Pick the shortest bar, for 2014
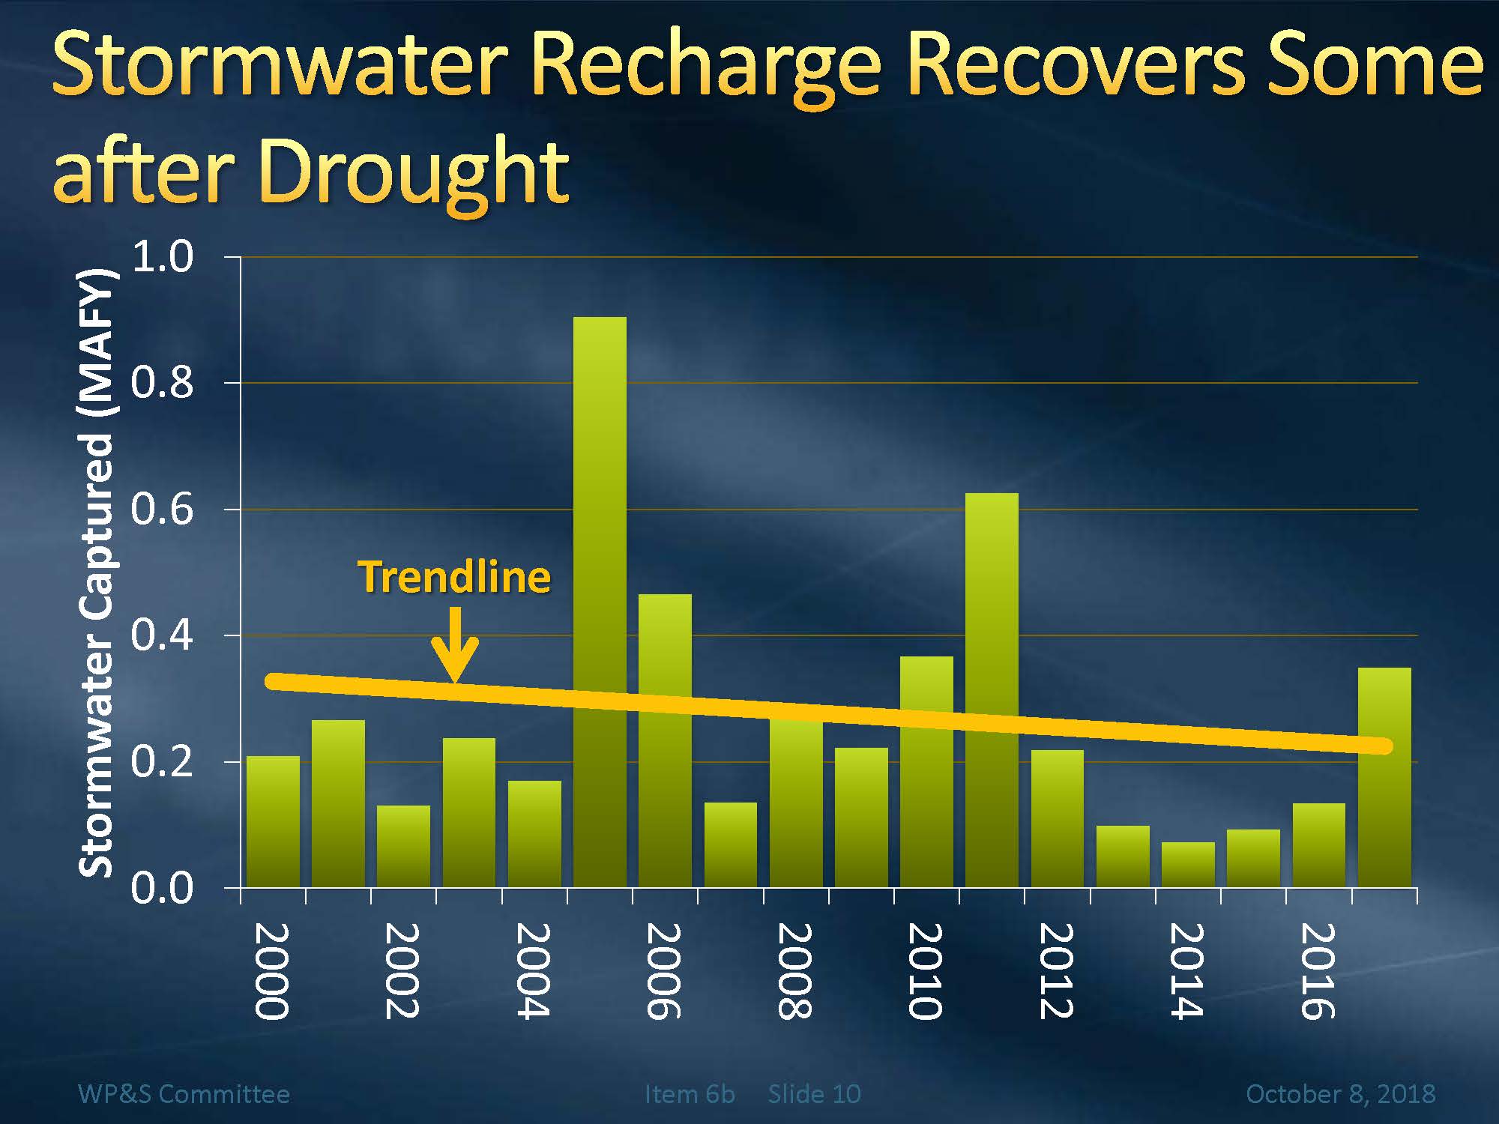[1188, 865]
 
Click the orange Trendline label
[454, 577]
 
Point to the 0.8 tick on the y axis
[162, 383]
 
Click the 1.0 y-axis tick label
[162, 257]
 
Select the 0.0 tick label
[162, 889]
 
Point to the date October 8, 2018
[1340, 1094]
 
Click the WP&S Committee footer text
[184, 1094]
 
